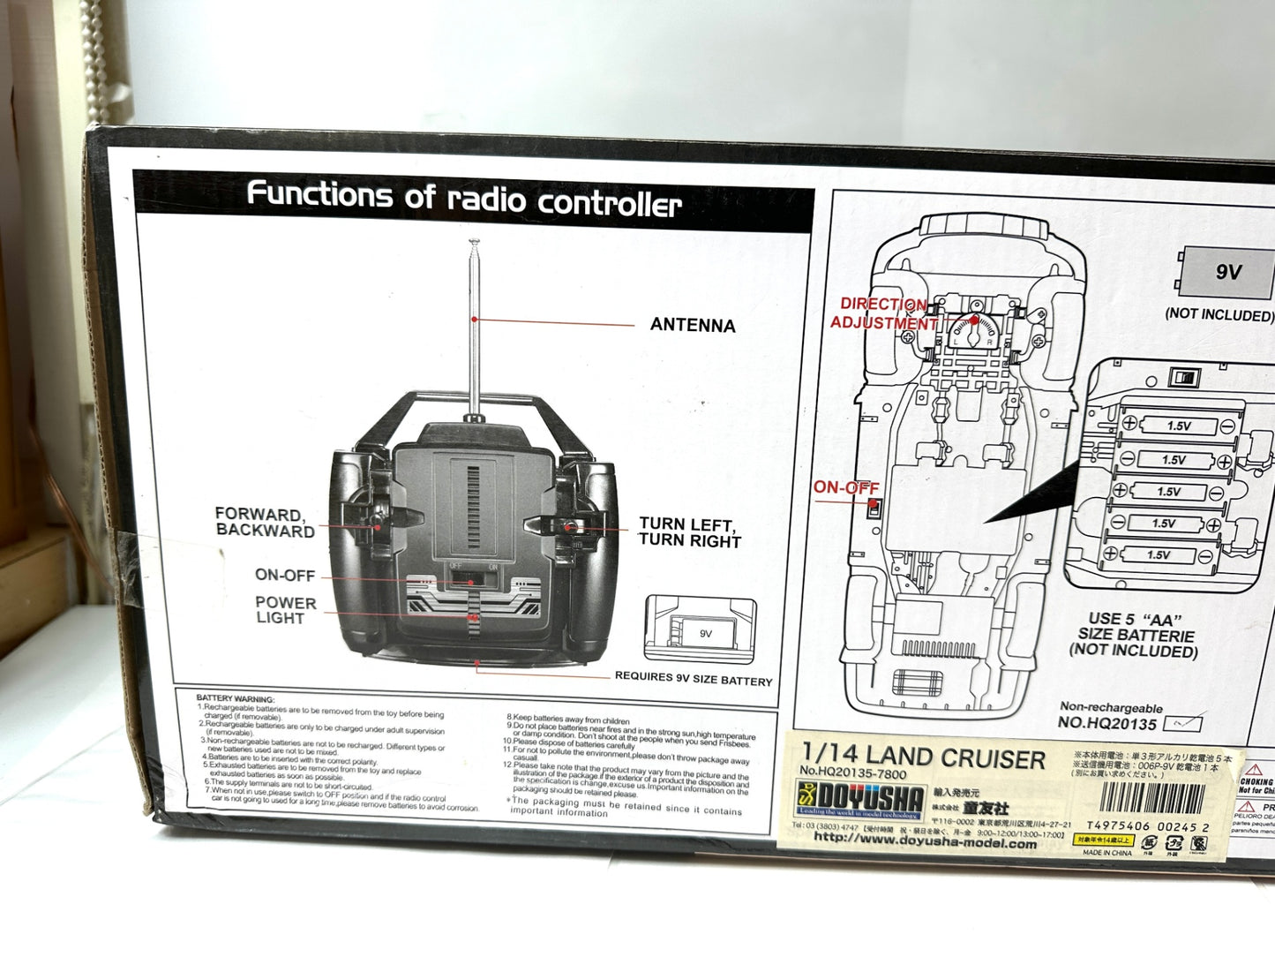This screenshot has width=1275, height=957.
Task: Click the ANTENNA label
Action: pos(693,325)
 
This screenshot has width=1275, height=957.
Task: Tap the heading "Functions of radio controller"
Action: pos(464,199)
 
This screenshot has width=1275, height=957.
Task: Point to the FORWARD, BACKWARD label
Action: pos(265,522)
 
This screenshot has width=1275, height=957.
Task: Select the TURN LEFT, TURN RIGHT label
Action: pos(689,532)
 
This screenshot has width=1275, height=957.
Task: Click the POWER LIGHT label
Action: pos(284,610)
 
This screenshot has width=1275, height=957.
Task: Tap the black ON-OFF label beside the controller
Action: pos(284,576)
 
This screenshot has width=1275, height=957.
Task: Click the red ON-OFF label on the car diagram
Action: pos(845,487)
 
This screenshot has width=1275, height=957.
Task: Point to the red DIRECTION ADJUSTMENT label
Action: pos(881,313)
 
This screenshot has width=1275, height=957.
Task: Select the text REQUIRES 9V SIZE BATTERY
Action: pos(693,681)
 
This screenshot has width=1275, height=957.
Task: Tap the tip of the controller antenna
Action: pos(474,242)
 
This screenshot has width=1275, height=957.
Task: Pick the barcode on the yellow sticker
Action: pos(1152,800)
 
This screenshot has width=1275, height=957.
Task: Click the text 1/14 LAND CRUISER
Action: pos(923,757)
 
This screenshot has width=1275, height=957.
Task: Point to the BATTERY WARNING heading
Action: pos(236,698)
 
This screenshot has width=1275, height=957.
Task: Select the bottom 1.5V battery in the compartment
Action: pos(1158,555)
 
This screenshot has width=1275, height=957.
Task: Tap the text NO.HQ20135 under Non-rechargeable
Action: pos(1106,724)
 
